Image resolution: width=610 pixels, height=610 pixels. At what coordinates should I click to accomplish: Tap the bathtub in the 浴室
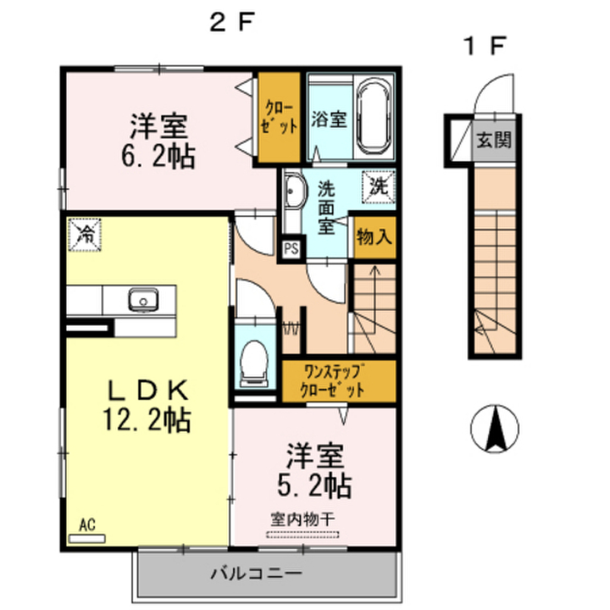pyautogui.click(x=375, y=117)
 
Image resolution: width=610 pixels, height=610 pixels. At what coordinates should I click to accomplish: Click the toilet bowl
pyautogui.click(x=255, y=361)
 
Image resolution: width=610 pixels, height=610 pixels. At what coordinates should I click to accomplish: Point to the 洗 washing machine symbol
pyautogui.click(x=379, y=186)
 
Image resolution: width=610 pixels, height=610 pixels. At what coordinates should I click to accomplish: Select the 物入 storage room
pyautogui.click(x=374, y=238)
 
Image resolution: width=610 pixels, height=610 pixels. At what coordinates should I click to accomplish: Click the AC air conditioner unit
pyautogui.click(x=87, y=538)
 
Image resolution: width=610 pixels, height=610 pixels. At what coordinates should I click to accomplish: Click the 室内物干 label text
pyautogui.click(x=303, y=518)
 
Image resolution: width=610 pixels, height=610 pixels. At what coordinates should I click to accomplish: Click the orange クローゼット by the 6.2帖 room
pyautogui.click(x=278, y=117)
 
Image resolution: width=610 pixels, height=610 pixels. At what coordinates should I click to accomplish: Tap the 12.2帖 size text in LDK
pyautogui.click(x=146, y=421)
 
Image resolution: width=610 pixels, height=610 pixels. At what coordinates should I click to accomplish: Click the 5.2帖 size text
pyautogui.click(x=314, y=487)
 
